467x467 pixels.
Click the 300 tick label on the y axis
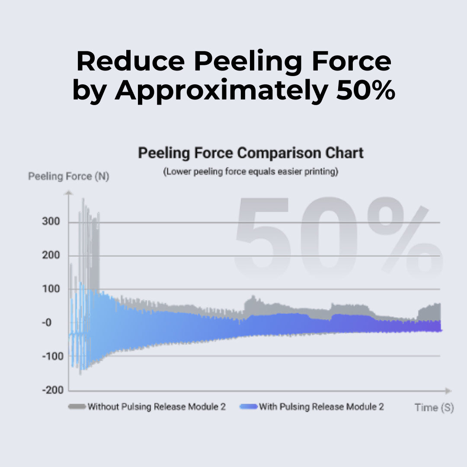[51, 221]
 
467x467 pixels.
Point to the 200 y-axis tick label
[51, 255]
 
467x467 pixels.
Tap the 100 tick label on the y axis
[51, 289]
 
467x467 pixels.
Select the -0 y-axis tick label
[47, 323]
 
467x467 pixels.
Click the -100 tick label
[53, 356]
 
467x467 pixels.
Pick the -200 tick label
[53, 390]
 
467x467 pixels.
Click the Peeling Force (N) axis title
[68, 176]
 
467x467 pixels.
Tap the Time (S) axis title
[434, 407]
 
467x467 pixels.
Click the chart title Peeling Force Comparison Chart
[251, 153]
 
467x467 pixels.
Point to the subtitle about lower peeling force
[251, 172]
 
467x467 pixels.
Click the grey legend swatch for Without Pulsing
[77, 406]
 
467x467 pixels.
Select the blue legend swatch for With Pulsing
[248, 406]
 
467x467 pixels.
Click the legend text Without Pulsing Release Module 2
[157, 407]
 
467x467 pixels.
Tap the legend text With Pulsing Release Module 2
[321, 407]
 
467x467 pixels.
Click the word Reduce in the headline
[131, 61]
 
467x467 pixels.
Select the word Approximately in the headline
[221, 91]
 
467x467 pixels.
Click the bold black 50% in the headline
[366, 90]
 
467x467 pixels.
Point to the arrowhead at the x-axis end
[448, 391]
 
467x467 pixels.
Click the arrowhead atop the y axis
[68, 193]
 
